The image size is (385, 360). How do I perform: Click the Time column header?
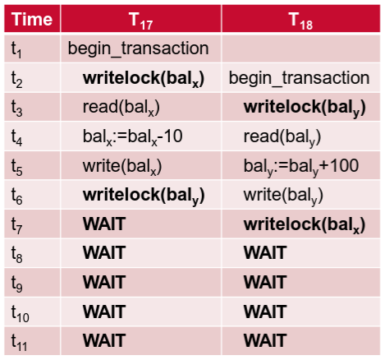point(32,19)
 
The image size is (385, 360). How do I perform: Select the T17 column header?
point(141,21)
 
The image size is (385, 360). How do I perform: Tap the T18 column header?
point(300,21)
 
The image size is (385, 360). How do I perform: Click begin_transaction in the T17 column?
point(138,48)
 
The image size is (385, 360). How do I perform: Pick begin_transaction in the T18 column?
point(299,78)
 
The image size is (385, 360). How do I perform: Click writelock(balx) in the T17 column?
point(144,79)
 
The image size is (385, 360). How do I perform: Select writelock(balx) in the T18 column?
point(305,225)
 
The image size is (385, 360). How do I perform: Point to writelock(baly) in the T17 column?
point(144,196)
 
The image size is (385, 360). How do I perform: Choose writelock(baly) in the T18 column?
point(305,108)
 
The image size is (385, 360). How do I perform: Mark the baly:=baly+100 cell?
point(301,166)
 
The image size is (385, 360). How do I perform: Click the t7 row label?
point(16,225)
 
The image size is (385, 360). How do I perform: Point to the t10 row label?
point(20,313)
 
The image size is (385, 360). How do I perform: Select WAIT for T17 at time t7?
point(104,224)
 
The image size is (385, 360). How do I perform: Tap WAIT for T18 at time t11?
point(265,340)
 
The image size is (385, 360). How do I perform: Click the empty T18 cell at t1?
point(300,48)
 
